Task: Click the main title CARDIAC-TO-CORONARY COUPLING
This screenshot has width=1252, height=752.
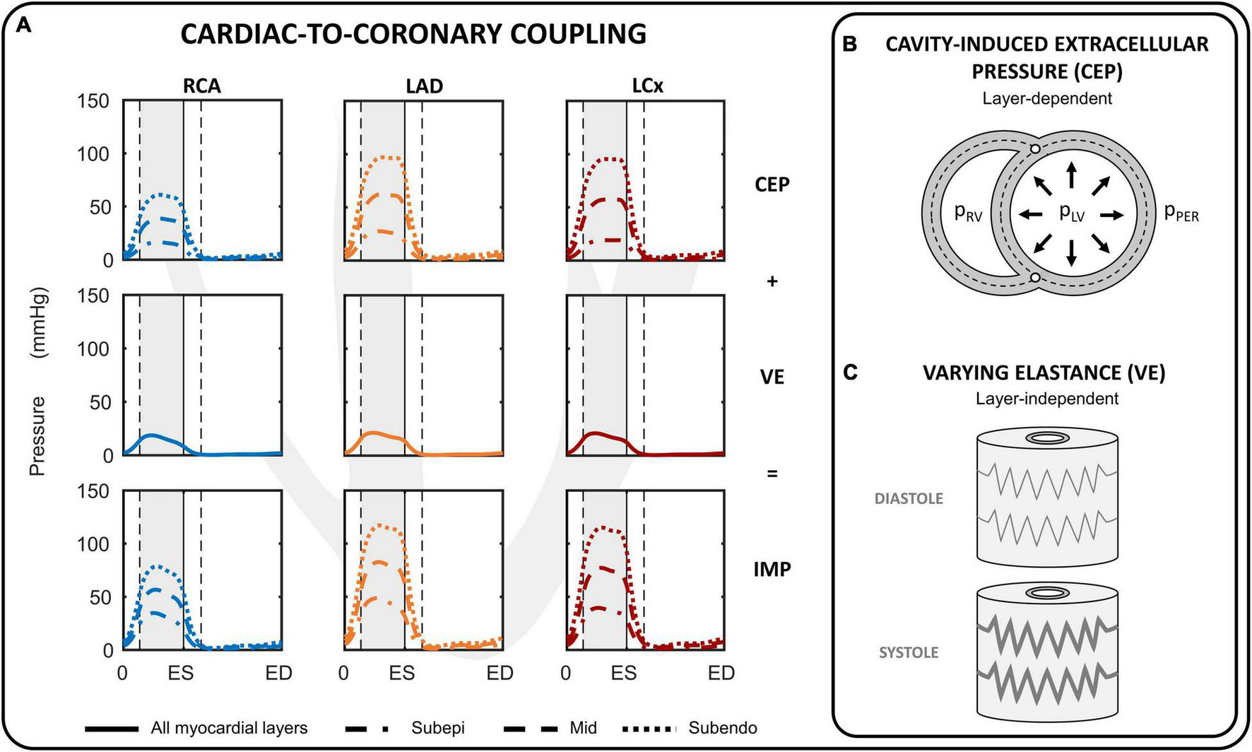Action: [413, 33]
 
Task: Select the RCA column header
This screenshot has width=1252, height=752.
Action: [201, 86]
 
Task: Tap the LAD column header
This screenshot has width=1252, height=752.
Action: [424, 86]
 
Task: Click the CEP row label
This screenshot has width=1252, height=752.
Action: [772, 184]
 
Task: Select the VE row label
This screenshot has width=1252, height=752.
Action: [772, 377]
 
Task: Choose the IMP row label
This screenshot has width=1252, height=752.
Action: [772, 569]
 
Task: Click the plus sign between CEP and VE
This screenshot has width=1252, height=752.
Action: [772, 281]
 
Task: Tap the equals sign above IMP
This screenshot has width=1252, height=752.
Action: [772, 473]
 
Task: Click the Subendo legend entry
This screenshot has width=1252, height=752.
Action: [723, 728]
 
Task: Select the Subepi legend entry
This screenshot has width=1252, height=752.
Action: [438, 728]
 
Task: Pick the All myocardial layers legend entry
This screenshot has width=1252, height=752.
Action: [229, 728]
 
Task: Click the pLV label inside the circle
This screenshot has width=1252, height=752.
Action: [1071, 213]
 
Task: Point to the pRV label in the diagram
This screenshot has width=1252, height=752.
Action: [968, 213]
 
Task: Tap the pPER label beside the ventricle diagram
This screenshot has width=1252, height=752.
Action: [1181, 213]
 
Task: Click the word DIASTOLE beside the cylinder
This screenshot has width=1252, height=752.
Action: [909, 498]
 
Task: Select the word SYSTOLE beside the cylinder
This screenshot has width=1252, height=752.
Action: [909, 652]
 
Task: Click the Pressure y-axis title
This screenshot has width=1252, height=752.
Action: [38, 436]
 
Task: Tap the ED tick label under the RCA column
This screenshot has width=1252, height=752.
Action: [279, 674]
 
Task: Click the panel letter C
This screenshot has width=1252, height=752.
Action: [851, 372]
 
